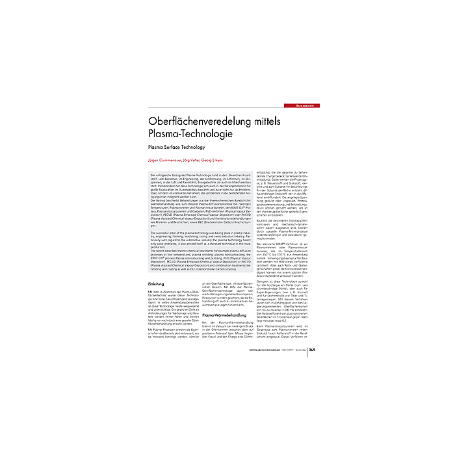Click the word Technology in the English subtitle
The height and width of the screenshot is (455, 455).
(200, 148)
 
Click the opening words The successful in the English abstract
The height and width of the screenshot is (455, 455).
(162, 231)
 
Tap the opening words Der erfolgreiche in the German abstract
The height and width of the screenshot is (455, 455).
(162, 176)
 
